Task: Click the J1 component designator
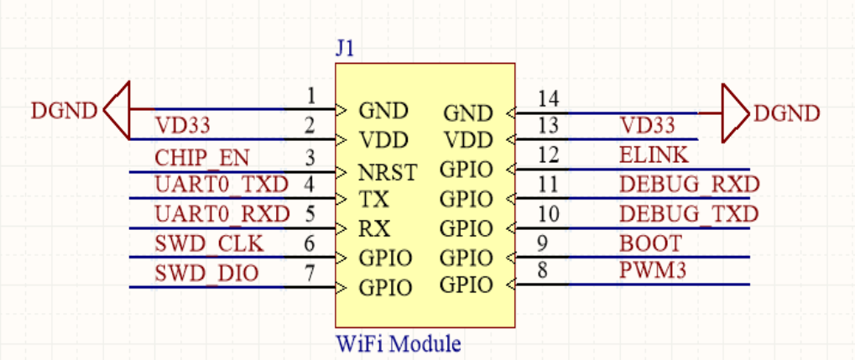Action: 345,49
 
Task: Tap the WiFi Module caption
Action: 399,344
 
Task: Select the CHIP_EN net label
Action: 201,158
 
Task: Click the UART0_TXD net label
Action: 221,185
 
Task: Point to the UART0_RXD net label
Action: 222,214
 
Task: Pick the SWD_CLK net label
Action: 209,243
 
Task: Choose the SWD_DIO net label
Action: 206,273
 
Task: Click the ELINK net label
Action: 654,155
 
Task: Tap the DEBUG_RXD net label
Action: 689,185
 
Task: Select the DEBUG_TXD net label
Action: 689,214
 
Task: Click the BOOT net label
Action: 650,243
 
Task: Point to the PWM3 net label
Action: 651,271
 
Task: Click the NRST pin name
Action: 388,173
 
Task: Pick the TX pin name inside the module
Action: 373,200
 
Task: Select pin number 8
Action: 543,270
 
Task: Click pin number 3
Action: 310,158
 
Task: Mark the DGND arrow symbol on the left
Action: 117,110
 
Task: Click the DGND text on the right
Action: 786,113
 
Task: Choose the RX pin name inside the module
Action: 374,229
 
